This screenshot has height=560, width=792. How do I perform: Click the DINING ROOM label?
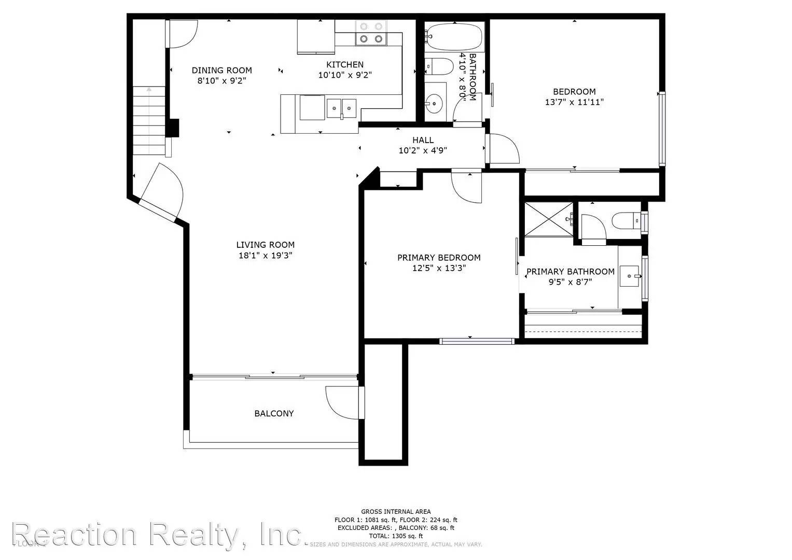pyautogui.click(x=221, y=71)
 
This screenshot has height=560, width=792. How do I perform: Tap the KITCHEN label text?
pyautogui.click(x=344, y=65)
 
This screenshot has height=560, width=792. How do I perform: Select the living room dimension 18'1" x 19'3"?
pyautogui.click(x=265, y=256)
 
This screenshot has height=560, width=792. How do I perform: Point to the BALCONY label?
pyautogui.click(x=274, y=414)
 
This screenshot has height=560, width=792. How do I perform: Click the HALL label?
pyautogui.click(x=423, y=140)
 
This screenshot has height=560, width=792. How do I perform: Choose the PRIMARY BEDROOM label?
pyautogui.click(x=439, y=258)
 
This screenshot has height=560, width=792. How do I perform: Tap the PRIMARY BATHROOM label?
pyautogui.click(x=570, y=272)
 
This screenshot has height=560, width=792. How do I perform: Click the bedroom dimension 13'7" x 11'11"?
pyautogui.click(x=574, y=102)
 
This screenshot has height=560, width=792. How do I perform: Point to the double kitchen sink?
pyautogui.click(x=341, y=108)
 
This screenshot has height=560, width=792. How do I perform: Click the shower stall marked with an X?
pyautogui.click(x=549, y=219)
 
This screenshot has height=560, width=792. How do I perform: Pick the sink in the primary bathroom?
pyautogui.click(x=631, y=275)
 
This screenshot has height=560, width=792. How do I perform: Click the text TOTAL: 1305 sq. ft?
pyautogui.click(x=396, y=536)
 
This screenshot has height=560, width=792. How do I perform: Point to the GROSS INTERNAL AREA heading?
pyautogui.click(x=396, y=512)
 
